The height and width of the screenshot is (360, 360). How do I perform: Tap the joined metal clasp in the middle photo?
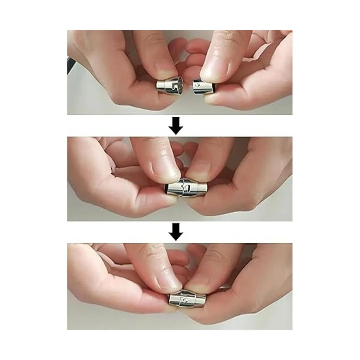click(x=186, y=189)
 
